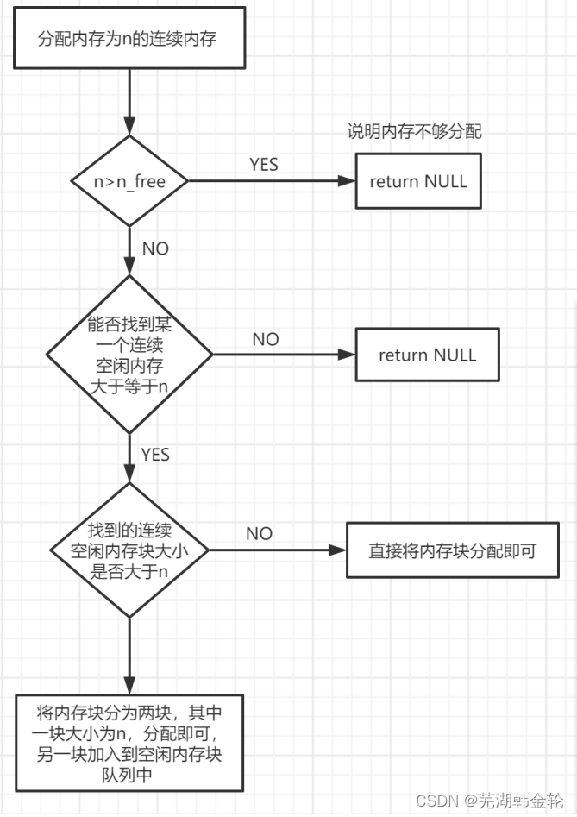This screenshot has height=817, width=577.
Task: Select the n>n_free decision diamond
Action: (129, 181)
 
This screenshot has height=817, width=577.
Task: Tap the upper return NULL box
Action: (418, 181)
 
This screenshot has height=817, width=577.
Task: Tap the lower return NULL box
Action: (427, 355)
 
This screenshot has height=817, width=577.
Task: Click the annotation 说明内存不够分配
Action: (414, 132)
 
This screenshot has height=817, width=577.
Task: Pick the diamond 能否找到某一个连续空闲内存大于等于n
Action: (129, 355)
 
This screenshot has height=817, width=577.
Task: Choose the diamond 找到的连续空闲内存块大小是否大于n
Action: (129, 550)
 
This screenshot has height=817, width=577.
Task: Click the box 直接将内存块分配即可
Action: (453, 550)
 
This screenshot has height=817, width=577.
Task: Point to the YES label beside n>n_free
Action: (264, 164)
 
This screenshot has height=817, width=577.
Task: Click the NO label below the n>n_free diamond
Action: (155, 248)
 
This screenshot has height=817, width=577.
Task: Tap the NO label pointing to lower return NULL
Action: (266, 339)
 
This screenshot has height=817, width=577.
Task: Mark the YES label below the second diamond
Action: (155, 454)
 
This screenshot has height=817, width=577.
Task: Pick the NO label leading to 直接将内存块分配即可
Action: (259, 533)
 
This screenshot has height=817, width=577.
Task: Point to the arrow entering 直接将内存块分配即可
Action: (276, 550)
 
